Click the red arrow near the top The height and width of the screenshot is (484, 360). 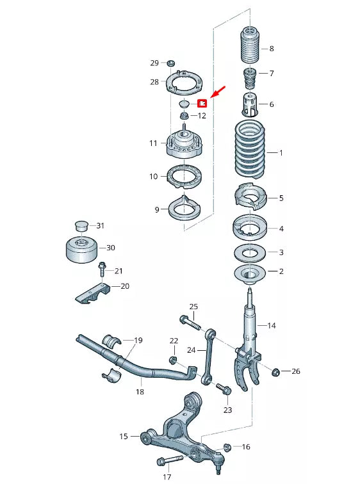pyautogui.click(x=217, y=92)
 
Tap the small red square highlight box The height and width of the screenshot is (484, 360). pyautogui.click(x=200, y=102)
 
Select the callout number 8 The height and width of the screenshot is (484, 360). pyautogui.click(x=272, y=49)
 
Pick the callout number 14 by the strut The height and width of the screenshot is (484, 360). pyautogui.click(x=271, y=326)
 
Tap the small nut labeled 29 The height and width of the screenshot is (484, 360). pyautogui.click(x=170, y=63)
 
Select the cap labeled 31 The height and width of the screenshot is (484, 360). pyautogui.click(x=81, y=225)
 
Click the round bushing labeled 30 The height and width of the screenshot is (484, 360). pyautogui.click(x=82, y=248)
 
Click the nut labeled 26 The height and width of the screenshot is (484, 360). pyautogui.click(x=276, y=371)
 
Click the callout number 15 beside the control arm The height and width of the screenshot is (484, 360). pyautogui.click(x=124, y=437)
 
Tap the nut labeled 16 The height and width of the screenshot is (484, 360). pyautogui.click(x=227, y=447)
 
